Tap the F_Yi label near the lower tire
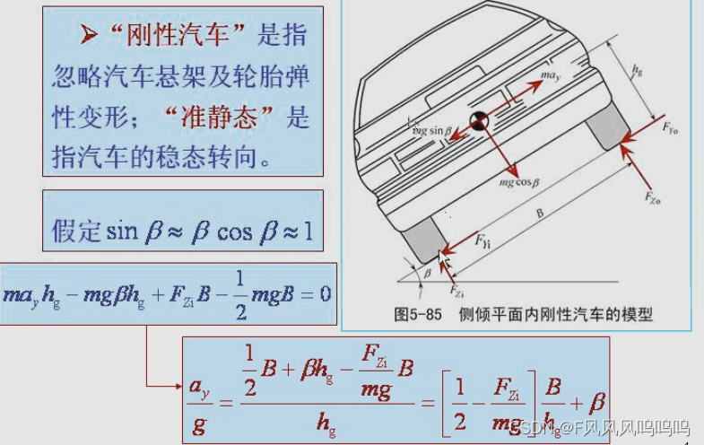click(x=482, y=241)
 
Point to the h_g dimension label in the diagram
click(x=637, y=69)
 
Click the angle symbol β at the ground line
click(x=427, y=270)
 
